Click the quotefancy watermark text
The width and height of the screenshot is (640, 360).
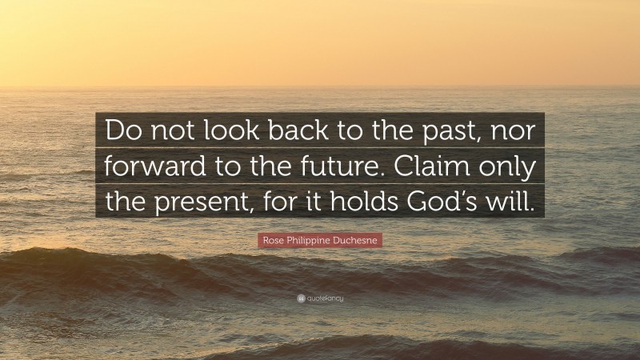[325, 298]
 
